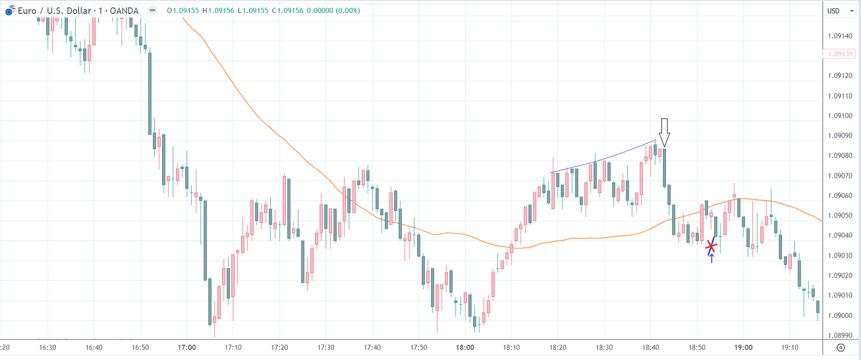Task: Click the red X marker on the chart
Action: click(711, 247)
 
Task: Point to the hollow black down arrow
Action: click(664, 132)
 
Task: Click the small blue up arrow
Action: click(712, 258)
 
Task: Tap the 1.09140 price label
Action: click(840, 36)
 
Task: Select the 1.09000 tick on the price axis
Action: click(840, 315)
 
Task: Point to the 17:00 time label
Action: click(187, 347)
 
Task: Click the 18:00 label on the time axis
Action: click(465, 347)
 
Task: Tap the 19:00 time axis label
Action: click(743, 347)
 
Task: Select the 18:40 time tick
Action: click(651, 347)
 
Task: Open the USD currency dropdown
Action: click(840, 11)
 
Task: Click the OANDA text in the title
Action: click(124, 11)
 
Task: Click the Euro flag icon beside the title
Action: click(10, 10)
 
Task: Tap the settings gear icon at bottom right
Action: click(840, 347)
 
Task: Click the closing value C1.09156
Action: click(287, 10)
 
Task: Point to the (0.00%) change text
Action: click(348, 10)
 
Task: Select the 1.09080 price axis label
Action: click(840, 155)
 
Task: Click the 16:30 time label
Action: click(48, 347)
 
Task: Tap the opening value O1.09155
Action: click(183, 10)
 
